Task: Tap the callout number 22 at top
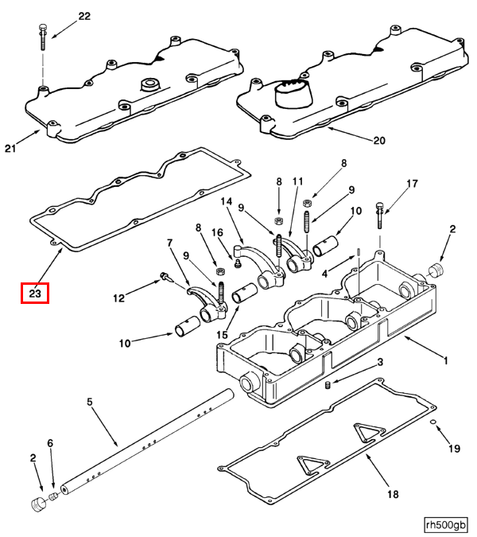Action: pyautogui.click(x=84, y=16)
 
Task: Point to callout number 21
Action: pyautogui.click(x=10, y=148)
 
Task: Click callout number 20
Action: pyautogui.click(x=378, y=141)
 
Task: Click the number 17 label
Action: pyautogui.click(x=411, y=185)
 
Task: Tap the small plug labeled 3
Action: pyautogui.click(x=327, y=386)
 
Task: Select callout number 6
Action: pyautogui.click(x=50, y=443)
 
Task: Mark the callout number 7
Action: pyautogui.click(x=169, y=243)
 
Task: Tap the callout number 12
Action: pyautogui.click(x=118, y=299)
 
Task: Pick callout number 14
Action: pyautogui.click(x=227, y=202)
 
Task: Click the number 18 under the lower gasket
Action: pyautogui.click(x=392, y=494)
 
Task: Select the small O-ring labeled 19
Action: pyautogui.click(x=433, y=422)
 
